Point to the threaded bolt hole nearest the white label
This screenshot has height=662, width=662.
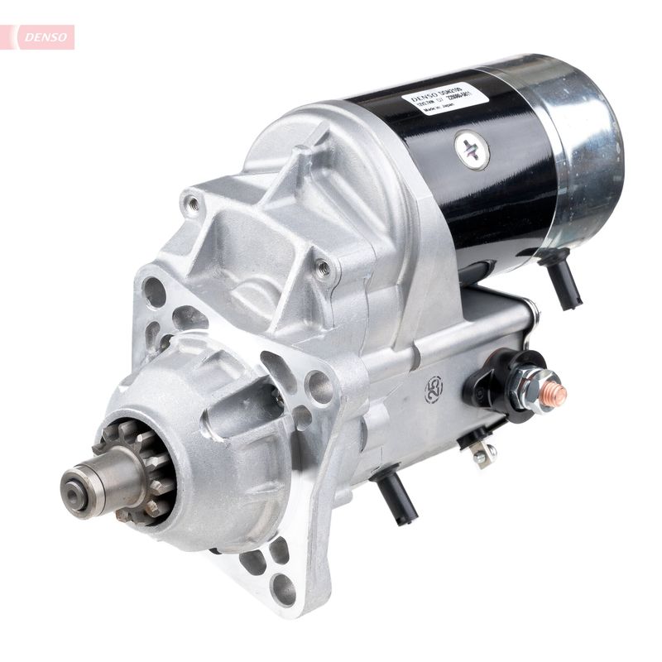click(324, 267)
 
